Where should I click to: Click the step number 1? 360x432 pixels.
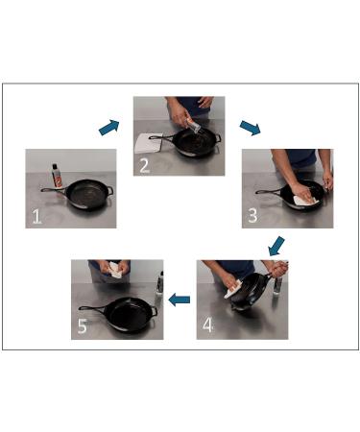coord(36,216)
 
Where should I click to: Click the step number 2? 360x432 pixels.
coord(144,166)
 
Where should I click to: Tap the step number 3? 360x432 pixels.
coord(252,216)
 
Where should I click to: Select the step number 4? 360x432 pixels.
coord(207,325)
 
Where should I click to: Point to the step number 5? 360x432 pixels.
coord(83,326)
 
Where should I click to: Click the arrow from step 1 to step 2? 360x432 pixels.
coord(109,128)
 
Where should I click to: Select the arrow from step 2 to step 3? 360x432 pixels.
coord(250,128)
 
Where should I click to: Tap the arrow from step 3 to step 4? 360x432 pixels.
coord(276,246)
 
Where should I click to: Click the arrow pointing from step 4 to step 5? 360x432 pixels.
coord(180,300)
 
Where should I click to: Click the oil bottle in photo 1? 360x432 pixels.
coord(57,176)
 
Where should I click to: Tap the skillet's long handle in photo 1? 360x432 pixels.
coord(54,190)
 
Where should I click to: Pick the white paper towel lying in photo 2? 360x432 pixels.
coord(148,143)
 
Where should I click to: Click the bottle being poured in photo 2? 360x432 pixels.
coord(192,125)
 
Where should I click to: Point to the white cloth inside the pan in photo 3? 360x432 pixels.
coord(306,201)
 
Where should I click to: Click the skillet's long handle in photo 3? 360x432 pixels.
coord(269,192)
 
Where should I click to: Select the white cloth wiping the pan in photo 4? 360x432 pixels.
coord(233,289)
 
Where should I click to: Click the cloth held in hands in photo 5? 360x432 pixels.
coord(115,271)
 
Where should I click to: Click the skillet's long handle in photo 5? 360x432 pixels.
coord(93,308)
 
